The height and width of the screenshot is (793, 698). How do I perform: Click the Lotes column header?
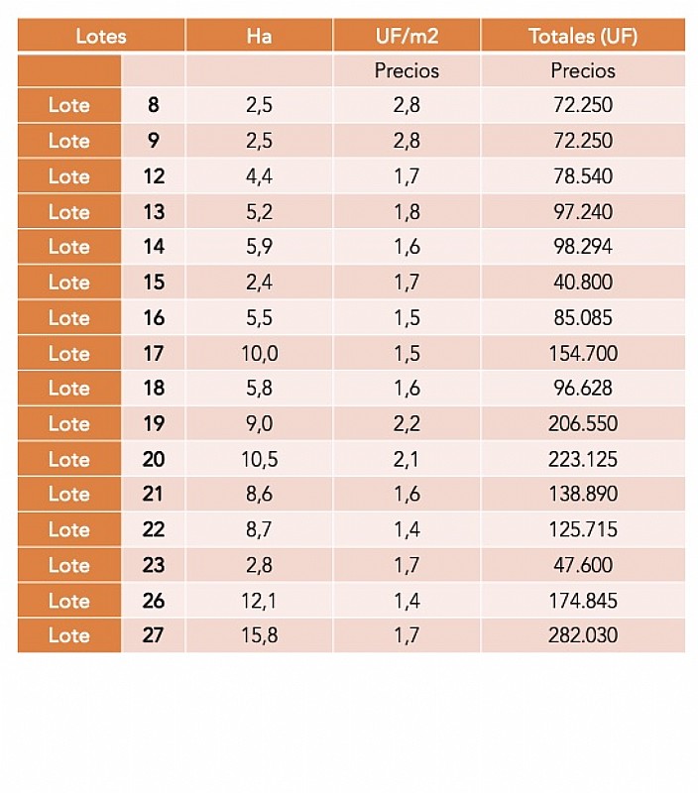pos(101,37)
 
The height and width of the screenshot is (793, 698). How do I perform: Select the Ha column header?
pos(259,37)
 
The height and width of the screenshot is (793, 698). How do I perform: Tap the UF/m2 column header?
pos(407,37)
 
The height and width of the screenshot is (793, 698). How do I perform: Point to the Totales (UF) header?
pos(583,37)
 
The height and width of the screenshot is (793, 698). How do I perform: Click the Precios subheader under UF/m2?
pos(407,70)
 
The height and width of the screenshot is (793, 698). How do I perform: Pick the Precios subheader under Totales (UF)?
pos(583,70)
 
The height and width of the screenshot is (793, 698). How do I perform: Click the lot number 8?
pos(153,105)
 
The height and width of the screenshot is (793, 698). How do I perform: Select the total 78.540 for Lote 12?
pos(583,176)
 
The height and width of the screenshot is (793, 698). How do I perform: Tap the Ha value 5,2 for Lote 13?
pos(259,211)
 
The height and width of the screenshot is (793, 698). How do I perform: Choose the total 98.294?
pos(583,247)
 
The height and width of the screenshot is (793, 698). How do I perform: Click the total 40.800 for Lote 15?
pos(583,283)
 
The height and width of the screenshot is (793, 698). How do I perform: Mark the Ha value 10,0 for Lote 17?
pos(259,353)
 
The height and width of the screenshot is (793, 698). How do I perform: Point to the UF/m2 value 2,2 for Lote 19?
pos(407,424)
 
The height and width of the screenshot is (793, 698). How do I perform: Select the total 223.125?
pos(583,459)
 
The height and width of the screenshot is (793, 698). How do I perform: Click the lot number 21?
pos(153,494)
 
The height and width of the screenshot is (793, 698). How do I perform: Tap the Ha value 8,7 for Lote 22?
pos(259,529)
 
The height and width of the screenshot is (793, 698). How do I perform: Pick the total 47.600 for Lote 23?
pos(583,565)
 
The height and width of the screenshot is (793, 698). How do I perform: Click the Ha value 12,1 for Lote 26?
pos(259,601)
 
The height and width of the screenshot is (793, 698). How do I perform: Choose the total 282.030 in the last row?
pos(583,635)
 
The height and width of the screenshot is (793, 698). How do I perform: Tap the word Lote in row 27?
pos(69,635)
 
